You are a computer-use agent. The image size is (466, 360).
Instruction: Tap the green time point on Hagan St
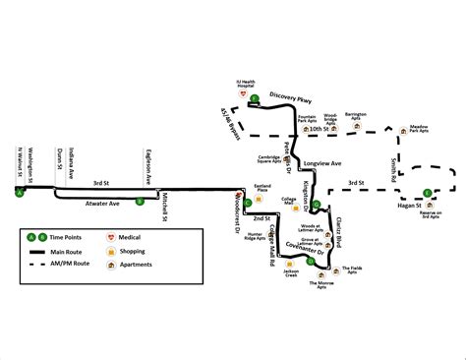click(426, 192)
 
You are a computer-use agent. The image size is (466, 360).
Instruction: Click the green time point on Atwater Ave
click(140, 201)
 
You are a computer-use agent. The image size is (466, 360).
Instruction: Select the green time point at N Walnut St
click(19, 193)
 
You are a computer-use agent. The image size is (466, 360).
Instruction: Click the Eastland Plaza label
click(262, 185)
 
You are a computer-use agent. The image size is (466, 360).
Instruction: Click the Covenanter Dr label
click(295, 243)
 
